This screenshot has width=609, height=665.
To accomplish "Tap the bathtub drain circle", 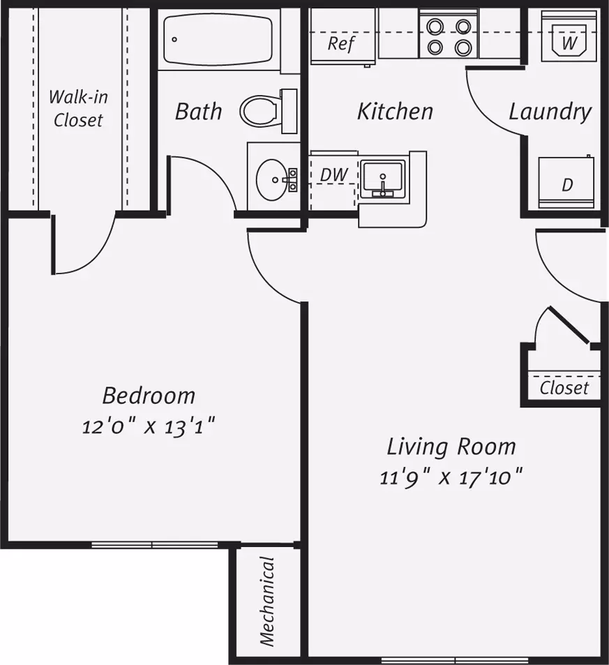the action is click(174, 40).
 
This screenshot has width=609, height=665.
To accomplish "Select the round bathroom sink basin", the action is click(272, 180).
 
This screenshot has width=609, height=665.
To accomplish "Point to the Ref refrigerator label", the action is click(341, 44).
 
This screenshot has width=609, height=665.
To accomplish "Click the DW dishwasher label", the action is click(334, 174).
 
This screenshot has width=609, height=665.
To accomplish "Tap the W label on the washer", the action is click(569, 43).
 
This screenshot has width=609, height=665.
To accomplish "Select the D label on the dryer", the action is click(567, 185).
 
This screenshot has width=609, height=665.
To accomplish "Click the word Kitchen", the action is click(395, 112).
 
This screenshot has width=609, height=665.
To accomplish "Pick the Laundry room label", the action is click(550, 112).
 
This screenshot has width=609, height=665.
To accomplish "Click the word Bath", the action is click(199, 112).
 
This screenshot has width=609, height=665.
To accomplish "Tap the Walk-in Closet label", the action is click(78, 109).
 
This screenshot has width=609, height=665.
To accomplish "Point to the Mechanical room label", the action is click(268, 602).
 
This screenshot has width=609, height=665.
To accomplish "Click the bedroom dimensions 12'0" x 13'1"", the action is click(149, 426).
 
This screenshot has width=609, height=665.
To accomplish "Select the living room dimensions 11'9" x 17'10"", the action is click(451, 478).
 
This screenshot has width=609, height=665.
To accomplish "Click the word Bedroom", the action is click(149, 396).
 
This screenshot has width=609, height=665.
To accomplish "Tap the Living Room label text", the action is click(451, 447).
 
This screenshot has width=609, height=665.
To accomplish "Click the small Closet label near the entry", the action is click(564, 388).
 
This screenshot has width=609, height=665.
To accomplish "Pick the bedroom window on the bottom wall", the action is click(155, 545).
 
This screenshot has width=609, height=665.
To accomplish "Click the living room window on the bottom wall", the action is click(455, 661).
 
